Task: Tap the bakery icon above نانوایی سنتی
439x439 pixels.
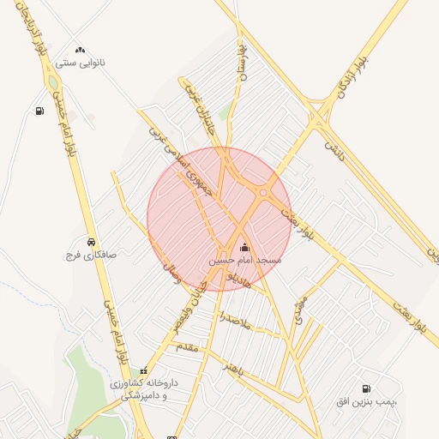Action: point(80,50)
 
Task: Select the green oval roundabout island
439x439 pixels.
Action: point(53,83)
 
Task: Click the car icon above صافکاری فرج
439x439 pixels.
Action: point(91,242)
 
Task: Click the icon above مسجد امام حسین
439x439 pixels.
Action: point(244,247)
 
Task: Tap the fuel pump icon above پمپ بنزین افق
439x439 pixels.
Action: point(368,388)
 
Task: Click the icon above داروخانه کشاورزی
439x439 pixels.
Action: point(143,371)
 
